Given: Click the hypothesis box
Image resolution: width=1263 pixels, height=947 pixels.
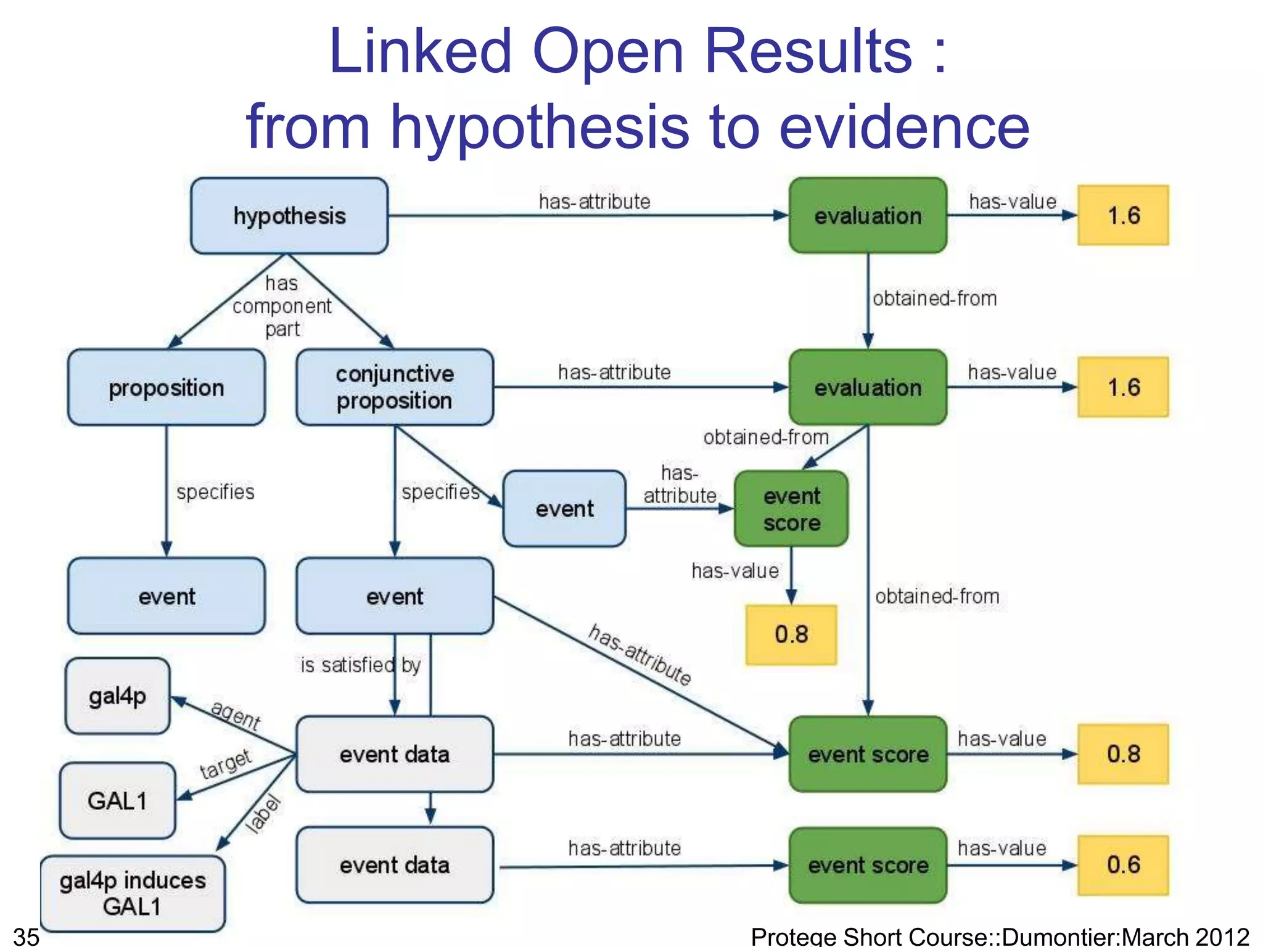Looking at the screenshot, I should (x=289, y=216).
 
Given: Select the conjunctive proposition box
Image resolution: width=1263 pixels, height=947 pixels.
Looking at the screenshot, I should (x=395, y=387).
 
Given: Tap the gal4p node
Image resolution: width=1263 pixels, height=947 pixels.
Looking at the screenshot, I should (x=117, y=696).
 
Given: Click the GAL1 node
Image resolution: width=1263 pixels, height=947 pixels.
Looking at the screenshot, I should (x=117, y=801).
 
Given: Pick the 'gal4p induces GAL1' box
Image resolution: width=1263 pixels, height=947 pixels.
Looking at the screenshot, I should (x=133, y=893).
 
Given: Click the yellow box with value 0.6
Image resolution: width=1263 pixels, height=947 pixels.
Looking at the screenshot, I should (x=1123, y=865).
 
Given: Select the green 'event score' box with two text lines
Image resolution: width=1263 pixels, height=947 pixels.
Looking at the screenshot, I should (x=791, y=509).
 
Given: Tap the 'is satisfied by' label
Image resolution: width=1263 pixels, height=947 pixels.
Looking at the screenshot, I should (x=361, y=665).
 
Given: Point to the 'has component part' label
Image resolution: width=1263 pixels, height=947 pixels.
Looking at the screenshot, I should (x=282, y=306).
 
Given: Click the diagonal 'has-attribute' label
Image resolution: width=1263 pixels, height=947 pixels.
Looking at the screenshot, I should (x=640, y=655).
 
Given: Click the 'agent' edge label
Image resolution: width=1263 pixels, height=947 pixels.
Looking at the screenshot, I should (x=236, y=715).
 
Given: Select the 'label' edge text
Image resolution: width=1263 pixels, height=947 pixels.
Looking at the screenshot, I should (x=264, y=814).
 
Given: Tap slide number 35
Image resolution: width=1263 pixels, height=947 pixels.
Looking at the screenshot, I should (x=27, y=937).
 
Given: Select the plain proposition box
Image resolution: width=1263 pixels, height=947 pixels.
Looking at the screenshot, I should (x=167, y=388).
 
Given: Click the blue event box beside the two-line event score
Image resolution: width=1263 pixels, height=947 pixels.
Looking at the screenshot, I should (x=564, y=509).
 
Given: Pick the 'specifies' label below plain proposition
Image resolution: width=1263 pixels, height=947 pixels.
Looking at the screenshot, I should (x=215, y=492).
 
